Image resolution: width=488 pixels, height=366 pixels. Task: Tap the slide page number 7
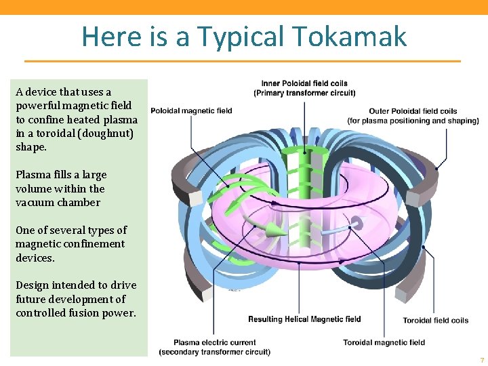point(481,360)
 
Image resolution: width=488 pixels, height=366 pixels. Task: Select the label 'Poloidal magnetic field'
point(191,110)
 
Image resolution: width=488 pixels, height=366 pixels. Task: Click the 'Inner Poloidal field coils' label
point(304,83)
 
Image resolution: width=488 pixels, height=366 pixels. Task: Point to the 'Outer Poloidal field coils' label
point(413,111)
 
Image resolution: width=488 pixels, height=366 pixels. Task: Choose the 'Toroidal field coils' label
point(435,321)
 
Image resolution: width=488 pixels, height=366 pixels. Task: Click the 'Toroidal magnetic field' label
point(384,342)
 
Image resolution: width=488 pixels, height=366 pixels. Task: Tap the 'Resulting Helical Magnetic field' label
point(304,319)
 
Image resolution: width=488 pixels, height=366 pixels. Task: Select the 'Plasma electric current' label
point(214,342)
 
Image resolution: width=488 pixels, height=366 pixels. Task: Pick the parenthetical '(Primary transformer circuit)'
point(304,93)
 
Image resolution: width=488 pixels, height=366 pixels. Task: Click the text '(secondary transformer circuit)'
point(214,352)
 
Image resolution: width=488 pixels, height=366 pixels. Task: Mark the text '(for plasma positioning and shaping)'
point(413,121)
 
